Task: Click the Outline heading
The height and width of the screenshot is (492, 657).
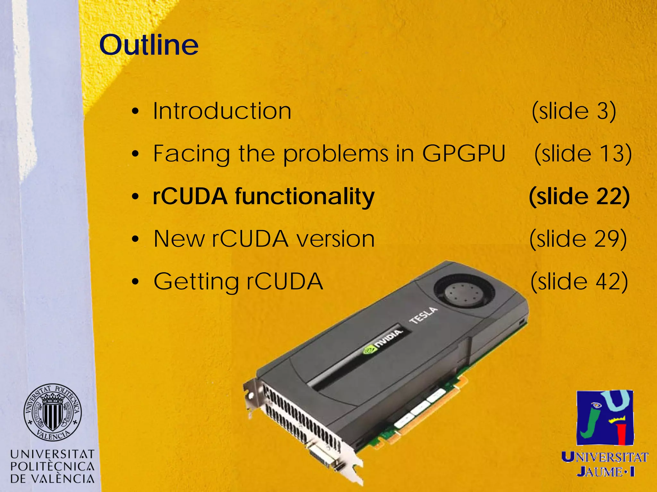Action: click(149, 45)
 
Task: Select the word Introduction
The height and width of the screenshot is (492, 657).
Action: click(222, 111)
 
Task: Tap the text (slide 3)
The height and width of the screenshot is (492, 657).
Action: click(574, 111)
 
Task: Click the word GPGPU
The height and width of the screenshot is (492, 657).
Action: click(464, 154)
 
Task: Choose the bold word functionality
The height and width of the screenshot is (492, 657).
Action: click(305, 196)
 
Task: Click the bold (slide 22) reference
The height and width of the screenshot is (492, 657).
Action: click(579, 196)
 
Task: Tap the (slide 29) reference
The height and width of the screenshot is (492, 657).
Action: click(578, 239)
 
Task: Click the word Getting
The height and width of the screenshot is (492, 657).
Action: click(196, 282)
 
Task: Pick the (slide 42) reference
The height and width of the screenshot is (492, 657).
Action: click(579, 282)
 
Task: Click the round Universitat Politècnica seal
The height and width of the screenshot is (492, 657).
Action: click(52, 412)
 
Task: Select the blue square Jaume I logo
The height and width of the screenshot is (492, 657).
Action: click(605, 417)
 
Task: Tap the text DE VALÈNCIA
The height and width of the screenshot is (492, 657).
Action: click(52, 479)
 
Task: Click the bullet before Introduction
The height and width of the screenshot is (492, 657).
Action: click(135, 111)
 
